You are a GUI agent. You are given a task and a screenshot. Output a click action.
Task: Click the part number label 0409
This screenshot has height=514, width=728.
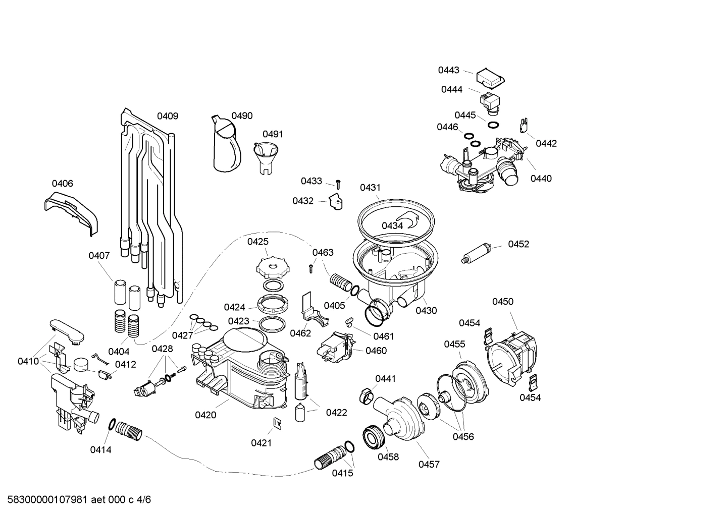[x=167, y=116]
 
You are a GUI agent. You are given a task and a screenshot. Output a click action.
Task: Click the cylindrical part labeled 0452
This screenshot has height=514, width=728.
[x=477, y=253]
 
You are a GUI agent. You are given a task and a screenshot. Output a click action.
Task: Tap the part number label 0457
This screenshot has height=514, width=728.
[x=429, y=464]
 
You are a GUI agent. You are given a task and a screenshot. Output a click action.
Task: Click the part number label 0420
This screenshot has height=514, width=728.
[x=205, y=415]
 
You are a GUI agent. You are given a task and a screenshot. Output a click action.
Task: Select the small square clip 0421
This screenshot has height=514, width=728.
[x=277, y=424]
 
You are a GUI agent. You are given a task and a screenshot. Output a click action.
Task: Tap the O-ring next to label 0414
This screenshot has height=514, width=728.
[x=112, y=425]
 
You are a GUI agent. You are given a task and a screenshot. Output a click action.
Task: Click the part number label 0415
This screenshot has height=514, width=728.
[x=342, y=473]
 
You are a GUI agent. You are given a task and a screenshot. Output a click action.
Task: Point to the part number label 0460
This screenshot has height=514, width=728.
[x=376, y=351]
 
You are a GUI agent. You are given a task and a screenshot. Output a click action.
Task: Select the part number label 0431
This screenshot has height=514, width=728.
[x=370, y=188]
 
